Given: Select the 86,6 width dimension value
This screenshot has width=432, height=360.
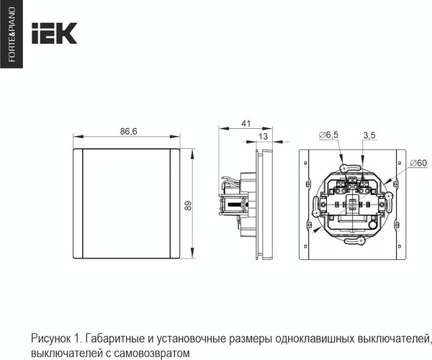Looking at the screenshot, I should [129, 132].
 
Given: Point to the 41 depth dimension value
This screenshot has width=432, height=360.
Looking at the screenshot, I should [246, 124].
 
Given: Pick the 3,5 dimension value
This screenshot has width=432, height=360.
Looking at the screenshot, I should [369, 135].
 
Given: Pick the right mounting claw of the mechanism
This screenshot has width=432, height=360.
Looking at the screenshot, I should [390, 194].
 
